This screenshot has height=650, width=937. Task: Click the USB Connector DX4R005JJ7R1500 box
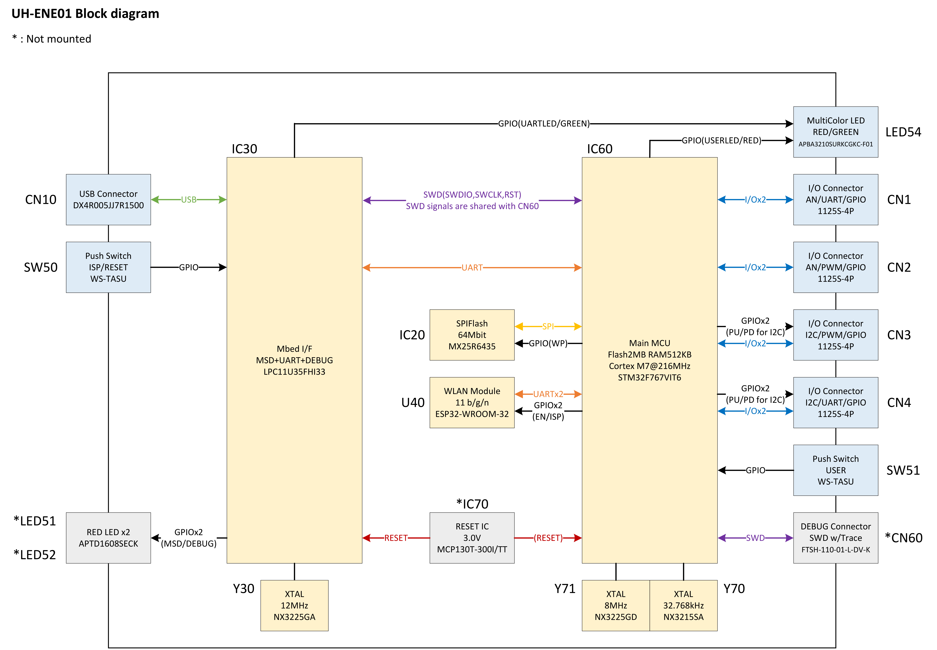tap(108, 200)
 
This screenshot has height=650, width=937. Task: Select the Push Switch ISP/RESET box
tap(108, 267)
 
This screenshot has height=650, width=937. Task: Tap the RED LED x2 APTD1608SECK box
tap(108, 538)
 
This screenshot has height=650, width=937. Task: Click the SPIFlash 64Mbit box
tap(472, 335)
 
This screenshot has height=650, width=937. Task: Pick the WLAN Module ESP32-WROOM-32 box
tap(472, 402)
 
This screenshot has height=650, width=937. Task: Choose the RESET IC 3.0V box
tap(472, 538)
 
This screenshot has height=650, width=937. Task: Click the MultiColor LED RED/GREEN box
tap(836, 132)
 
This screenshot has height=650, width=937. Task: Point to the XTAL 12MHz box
tap(294, 605)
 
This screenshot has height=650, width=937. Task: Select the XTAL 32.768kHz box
tap(683, 605)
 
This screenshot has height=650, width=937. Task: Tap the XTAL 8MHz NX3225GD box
tap(616, 605)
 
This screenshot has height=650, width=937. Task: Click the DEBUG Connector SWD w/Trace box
tap(836, 538)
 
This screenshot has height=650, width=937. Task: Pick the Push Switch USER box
tap(836, 470)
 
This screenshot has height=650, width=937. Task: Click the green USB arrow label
tap(188, 200)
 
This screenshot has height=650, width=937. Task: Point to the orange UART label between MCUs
tap(472, 268)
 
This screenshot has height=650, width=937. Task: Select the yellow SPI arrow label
tap(548, 326)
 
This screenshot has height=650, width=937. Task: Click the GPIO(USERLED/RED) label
tap(721, 141)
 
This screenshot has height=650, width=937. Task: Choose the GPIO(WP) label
tap(548, 343)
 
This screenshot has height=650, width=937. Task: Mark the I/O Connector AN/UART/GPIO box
tap(836, 200)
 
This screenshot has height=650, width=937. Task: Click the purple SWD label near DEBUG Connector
tap(755, 538)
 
